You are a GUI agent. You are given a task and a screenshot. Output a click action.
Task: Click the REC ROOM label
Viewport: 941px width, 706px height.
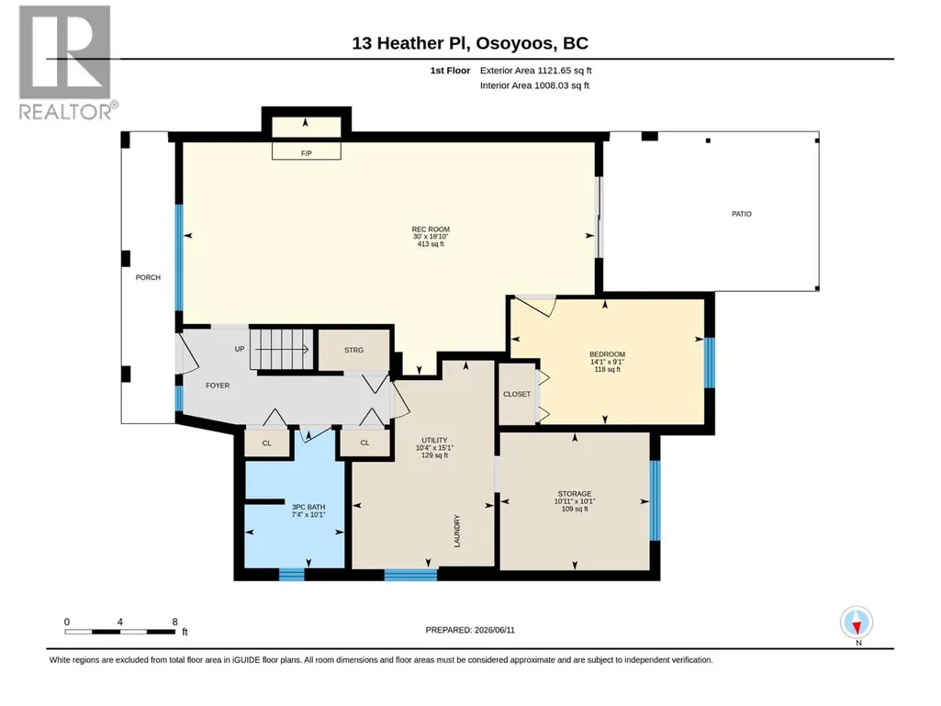click(x=431, y=230)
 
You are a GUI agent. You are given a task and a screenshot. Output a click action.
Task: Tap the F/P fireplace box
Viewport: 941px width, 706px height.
click(x=306, y=151)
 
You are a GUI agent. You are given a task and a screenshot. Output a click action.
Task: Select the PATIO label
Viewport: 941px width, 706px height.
click(x=741, y=214)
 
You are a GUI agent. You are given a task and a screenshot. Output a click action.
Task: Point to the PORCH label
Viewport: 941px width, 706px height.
click(x=148, y=277)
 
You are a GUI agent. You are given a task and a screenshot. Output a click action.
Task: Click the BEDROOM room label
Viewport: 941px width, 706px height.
click(x=608, y=354)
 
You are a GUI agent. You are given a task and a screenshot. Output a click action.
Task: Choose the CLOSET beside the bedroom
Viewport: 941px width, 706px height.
click(x=517, y=394)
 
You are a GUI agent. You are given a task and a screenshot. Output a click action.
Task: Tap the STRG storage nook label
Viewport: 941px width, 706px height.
click(x=354, y=350)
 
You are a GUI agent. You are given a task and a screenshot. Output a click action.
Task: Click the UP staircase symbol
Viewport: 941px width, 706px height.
click(x=282, y=350)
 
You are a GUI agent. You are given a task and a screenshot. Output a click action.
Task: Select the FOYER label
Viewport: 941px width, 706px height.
click(x=218, y=386)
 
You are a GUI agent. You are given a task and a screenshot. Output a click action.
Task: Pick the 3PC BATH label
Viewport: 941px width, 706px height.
click(x=308, y=508)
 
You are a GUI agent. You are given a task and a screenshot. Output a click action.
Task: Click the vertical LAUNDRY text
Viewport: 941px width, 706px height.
click(x=456, y=531)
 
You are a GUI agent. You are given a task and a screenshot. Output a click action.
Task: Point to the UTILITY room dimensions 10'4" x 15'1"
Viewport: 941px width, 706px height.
click(x=434, y=448)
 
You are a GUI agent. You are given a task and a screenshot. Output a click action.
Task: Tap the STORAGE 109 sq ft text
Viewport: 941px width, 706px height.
click(x=575, y=510)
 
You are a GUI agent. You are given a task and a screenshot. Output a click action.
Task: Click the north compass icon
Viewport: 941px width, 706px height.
click(x=857, y=623)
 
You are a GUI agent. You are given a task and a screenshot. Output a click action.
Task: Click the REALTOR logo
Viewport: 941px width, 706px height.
click(x=66, y=62)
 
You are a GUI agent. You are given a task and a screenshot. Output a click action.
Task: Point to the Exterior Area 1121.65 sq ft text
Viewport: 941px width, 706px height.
click(x=536, y=71)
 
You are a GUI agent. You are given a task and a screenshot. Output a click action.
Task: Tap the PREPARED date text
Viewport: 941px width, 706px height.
click(x=470, y=630)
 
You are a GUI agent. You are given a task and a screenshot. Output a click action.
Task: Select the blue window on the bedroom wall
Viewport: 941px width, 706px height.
click(x=710, y=363)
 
